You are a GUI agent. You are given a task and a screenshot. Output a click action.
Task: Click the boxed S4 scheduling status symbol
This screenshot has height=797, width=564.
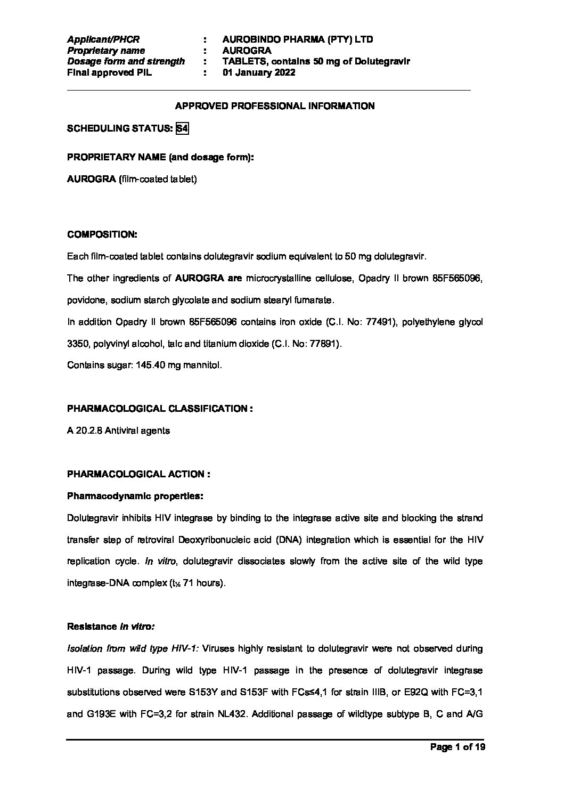(x=182, y=128)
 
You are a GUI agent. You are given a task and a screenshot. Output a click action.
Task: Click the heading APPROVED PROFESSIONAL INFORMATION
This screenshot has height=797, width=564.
(x=275, y=106)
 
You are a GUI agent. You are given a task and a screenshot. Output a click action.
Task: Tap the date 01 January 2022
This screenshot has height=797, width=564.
(x=259, y=73)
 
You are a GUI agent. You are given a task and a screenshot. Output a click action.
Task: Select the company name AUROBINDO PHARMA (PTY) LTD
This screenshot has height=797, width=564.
(x=298, y=39)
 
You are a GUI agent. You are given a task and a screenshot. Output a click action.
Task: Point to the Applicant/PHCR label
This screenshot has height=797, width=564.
(x=103, y=39)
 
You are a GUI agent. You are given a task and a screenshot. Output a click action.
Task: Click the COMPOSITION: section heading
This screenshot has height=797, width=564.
(x=102, y=234)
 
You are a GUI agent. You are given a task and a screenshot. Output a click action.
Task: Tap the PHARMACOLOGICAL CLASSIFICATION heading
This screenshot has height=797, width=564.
(x=160, y=409)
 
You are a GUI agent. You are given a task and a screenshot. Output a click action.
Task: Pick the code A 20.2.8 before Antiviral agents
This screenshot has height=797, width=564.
(x=85, y=430)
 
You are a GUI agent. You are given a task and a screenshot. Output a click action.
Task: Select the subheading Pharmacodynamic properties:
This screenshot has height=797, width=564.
(x=135, y=496)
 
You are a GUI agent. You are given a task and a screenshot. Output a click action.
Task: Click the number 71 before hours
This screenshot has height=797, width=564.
(x=188, y=583)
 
